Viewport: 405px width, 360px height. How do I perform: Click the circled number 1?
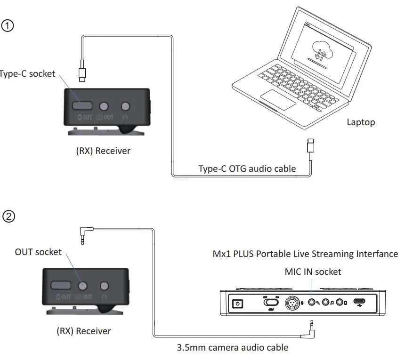8,25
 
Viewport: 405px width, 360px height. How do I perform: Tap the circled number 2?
8,216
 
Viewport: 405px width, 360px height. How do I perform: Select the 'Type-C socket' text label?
27,74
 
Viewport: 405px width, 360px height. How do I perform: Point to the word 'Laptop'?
361,122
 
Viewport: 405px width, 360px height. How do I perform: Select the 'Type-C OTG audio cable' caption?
247,168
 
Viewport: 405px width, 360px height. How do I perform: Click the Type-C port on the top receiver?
82,106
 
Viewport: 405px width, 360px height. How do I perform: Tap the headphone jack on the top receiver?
126,107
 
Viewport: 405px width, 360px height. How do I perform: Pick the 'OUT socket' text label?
38,252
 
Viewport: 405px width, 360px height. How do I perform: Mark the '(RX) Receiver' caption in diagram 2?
84,331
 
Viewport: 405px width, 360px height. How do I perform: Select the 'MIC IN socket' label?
313,272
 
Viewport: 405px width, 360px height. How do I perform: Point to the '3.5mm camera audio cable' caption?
232,348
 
